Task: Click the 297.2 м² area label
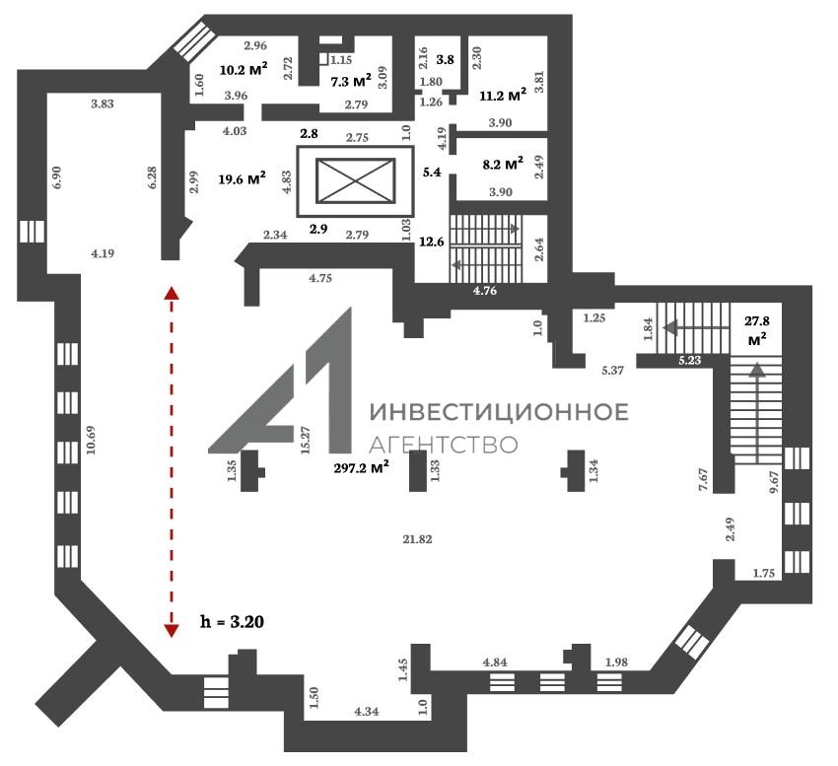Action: click(x=361, y=467)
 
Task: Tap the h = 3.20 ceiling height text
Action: click(x=232, y=622)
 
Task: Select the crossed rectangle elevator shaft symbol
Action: click(x=355, y=180)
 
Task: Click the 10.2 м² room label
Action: click(x=244, y=69)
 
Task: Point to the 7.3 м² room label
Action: click(x=351, y=81)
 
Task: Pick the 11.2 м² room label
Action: click(x=503, y=96)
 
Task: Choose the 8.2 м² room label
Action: click(x=503, y=164)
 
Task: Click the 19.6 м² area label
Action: click(x=243, y=179)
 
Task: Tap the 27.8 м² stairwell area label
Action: click(x=757, y=330)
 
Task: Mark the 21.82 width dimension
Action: click(x=417, y=539)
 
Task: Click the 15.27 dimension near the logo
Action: click(x=306, y=440)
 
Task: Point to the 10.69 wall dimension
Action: click(x=91, y=440)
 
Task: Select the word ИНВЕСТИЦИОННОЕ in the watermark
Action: click(x=499, y=412)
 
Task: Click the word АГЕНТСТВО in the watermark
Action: click(x=444, y=445)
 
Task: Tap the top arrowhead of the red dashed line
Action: click(x=171, y=293)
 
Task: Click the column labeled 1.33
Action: click(x=418, y=471)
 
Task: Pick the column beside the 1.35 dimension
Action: click(x=251, y=471)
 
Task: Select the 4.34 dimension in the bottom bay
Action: click(x=367, y=712)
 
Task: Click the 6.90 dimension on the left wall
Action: click(x=57, y=176)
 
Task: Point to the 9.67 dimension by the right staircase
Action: click(x=773, y=482)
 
